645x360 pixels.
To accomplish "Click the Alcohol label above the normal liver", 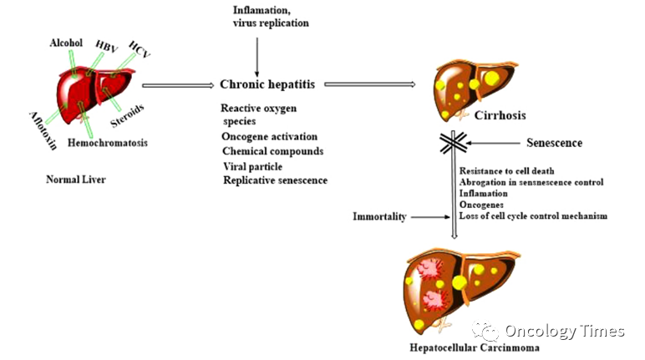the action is click(66, 43).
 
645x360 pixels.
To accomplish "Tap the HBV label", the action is click(106, 47).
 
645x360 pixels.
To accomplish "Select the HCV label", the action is click(140, 49).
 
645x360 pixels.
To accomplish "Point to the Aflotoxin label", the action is click(43, 130).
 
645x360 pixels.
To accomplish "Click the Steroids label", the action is click(127, 115).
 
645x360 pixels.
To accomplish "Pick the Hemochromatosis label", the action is click(108, 143).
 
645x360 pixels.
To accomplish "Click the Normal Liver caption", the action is click(76, 180).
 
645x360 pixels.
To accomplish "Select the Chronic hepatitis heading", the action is click(267, 84).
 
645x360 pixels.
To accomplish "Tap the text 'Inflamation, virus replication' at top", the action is click(271, 17).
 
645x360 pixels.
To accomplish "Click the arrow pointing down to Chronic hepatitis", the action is click(257, 57).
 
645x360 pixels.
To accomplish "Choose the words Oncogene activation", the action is click(269, 137).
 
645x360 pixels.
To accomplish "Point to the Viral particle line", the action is click(253, 166).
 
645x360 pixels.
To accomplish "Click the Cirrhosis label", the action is click(500, 115).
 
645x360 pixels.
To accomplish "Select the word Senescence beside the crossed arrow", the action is click(555, 143).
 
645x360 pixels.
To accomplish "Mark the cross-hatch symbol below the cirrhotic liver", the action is click(454, 143).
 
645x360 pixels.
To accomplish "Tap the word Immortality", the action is click(379, 216).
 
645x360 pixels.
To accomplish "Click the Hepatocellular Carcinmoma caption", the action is click(475, 348).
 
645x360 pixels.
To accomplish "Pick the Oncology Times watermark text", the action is click(565, 332).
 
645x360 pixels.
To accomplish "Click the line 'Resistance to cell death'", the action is click(507, 170).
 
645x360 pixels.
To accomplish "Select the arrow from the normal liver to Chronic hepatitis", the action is click(178, 85).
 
